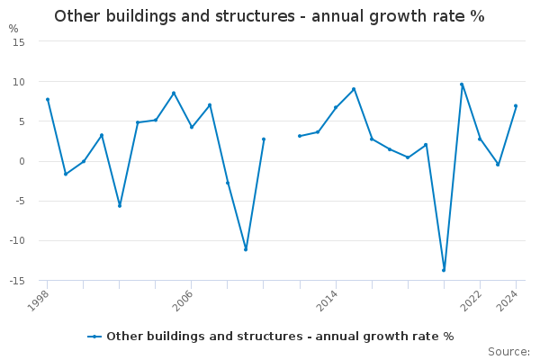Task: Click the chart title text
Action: [x=269, y=16]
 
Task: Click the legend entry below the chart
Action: [x=271, y=337]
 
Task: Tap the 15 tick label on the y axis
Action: [x=19, y=42]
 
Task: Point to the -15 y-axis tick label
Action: [x=17, y=281]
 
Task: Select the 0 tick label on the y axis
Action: [x=22, y=162]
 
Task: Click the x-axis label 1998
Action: [x=38, y=301]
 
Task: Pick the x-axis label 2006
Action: [x=183, y=301]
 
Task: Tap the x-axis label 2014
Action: [x=327, y=301]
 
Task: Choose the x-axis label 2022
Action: [x=471, y=301]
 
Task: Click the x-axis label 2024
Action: [x=507, y=301]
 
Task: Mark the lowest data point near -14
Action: [x=444, y=270]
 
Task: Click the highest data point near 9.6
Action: [x=462, y=85]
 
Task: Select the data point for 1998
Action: [x=48, y=100]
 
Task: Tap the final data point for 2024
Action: [x=516, y=106]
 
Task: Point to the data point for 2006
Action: [x=192, y=127]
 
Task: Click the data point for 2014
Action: [x=336, y=107]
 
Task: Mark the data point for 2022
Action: [x=480, y=139]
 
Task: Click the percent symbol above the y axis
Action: [x=13, y=29]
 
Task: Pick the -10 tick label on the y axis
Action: [x=17, y=241]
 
